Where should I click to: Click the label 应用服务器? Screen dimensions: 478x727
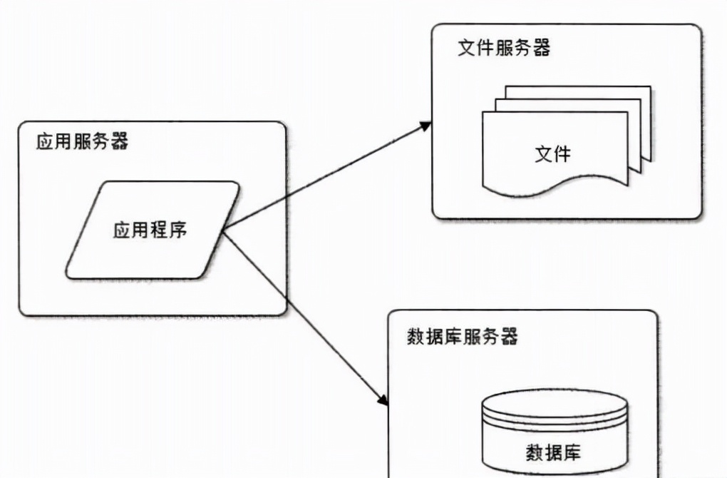point(83,141)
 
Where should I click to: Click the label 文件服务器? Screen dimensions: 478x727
point(504,49)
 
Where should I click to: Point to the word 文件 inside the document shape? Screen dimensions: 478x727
point(552,153)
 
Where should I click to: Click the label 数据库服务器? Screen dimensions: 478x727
point(462,336)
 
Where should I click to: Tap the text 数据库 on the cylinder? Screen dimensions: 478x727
point(553,452)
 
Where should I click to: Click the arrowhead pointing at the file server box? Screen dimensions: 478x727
point(426,126)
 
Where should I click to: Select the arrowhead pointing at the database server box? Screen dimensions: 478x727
point(383,400)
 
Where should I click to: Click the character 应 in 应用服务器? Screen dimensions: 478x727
point(45,141)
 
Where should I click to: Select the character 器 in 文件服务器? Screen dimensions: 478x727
point(541,49)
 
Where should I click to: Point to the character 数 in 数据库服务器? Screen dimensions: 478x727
point(416,336)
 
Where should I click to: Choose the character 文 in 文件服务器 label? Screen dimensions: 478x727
point(467,49)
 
